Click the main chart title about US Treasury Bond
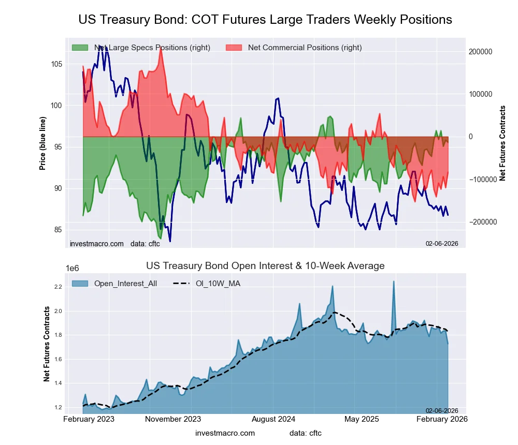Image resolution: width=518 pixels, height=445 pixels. pyautogui.click(x=265, y=20)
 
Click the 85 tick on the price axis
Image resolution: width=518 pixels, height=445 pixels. pyautogui.click(x=57, y=230)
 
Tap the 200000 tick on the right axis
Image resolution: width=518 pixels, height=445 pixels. pyautogui.click(x=481, y=52)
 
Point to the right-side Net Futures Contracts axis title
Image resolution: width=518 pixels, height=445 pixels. pyautogui.click(x=502, y=143)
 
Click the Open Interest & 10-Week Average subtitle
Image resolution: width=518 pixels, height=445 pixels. pyautogui.click(x=265, y=266)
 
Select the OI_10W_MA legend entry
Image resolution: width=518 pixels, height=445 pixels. pyautogui.click(x=218, y=283)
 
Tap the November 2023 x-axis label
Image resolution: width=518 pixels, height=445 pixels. pyautogui.click(x=173, y=419)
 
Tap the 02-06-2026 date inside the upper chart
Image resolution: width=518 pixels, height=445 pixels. pyautogui.click(x=442, y=244)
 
